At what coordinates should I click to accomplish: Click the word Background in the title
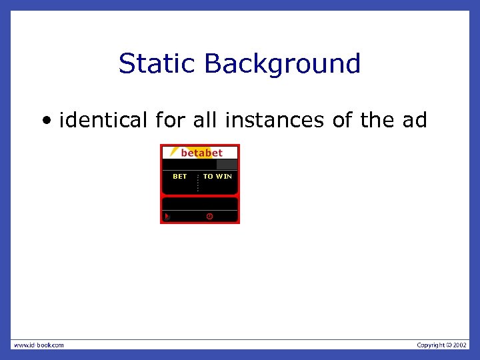pyautogui.click(x=283, y=64)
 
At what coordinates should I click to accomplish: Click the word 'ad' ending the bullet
pyautogui.click(x=414, y=121)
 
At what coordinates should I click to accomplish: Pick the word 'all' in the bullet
pyautogui.click(x=205, y=121)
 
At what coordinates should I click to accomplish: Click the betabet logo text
pyautogui.click(x=201, y=153)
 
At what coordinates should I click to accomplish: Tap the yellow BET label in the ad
pyautogui.click(x=180, y=177)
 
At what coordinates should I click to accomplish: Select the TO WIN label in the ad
pyautogui.click(x=217, y=177)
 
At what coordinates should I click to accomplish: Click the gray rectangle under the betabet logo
pyautogui.click(x=227, y=164)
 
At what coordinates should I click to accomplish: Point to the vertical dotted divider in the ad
pyautogui.click(x=198, y=182)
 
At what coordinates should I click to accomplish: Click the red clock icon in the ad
pyautogui.click(x=209, y=217)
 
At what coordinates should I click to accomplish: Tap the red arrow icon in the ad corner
pyautogui.click(x=167, y=217)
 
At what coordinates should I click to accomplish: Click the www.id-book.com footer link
pyautogui.click(x=39, y=345)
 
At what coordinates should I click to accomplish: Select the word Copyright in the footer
pyautogui.click(x=430, y=345)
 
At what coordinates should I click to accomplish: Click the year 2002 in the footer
pyautogui.click(x=461, y=345)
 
